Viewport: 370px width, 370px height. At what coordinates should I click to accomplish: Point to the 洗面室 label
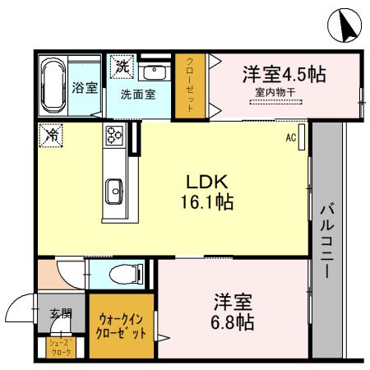pyautogui.click(x=137, y=94)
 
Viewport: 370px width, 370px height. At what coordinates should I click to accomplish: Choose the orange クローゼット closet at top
pyautogui.click(x=190, y=86)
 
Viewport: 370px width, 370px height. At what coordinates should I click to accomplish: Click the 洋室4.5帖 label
pyautogui.click(x=283, y=74)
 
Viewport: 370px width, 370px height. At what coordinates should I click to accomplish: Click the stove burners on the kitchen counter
pyautogui.click(x=113, y=136)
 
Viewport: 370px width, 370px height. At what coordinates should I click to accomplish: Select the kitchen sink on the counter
pyautogui.click(x=113, y=187)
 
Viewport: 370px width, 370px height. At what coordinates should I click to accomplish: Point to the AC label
pyautogui.click(x=290, y=138)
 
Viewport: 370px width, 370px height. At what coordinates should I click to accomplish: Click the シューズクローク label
pyautogui.click(x=60, y=346)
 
